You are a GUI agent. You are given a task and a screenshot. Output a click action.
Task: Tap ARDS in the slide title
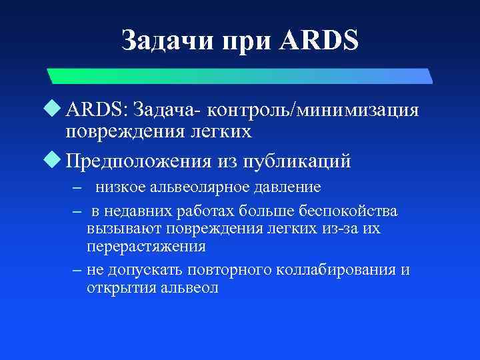[320, 41]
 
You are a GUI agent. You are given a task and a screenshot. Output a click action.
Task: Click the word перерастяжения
[146, 246]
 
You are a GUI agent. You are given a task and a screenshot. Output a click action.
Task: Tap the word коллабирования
[340, 270]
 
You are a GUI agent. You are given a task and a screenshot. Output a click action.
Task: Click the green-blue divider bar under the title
[240, 76]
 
